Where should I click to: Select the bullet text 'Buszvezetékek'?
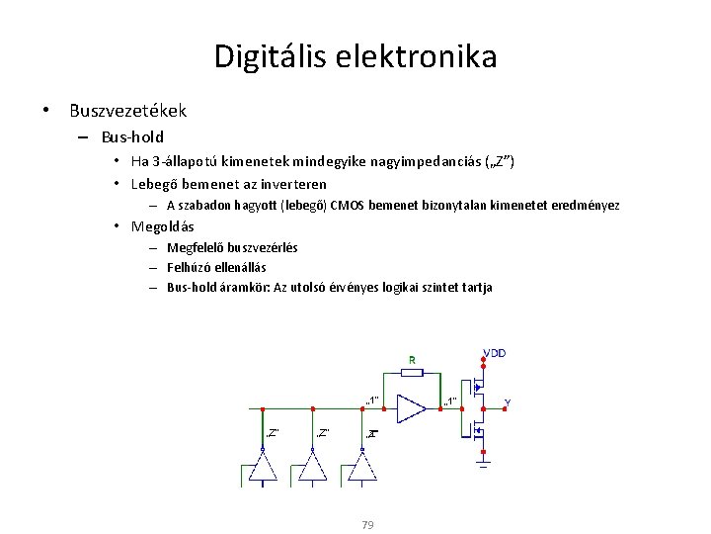click(127, 111)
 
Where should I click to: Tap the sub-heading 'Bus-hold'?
click(132, 136)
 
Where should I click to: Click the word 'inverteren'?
click(293, 184)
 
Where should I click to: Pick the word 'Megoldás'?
click(162, 226)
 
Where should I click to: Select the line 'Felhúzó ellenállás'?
click(216, 267)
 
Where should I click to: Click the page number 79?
click(367, 524)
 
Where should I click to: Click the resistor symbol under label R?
click(411, 373)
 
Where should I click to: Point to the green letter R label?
click(411, 359)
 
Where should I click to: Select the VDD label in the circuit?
click(495, 353)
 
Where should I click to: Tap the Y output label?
click(507, 402)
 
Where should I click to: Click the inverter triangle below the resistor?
click(410, 407)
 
